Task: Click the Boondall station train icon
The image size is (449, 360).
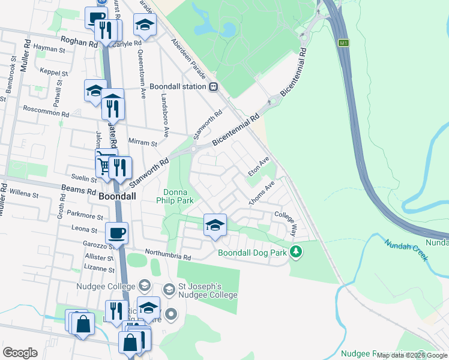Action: tap(214, 86)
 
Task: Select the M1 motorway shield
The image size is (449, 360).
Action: tap(343, 43)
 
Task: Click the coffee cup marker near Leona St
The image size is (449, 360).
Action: tap(116, 233)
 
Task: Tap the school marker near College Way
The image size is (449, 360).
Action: tap(215, 225)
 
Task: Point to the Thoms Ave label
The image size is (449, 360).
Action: tap(262, 193)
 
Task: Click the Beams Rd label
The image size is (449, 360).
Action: tap(78, 191)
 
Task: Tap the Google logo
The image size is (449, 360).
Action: tap(20, 353)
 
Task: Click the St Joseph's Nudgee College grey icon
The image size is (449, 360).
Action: tap(169, 290)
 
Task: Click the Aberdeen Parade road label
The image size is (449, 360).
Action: tap(189, 61)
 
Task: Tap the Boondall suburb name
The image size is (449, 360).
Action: tap(117, 196)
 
